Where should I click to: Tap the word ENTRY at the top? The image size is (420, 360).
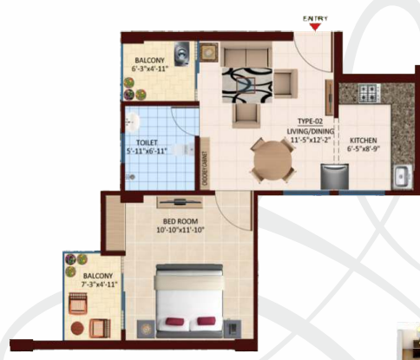coord(314,17)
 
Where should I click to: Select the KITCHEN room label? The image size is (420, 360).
coord(363,140)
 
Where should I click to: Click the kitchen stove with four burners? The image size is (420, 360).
coord(368,92)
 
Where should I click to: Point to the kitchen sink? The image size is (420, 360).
coord(403,176)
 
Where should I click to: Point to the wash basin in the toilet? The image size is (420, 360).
coord(133,120)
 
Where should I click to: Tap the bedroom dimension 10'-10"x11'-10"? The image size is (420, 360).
coord(179,232)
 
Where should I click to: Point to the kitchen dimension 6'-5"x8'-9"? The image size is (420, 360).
coord(363,148)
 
